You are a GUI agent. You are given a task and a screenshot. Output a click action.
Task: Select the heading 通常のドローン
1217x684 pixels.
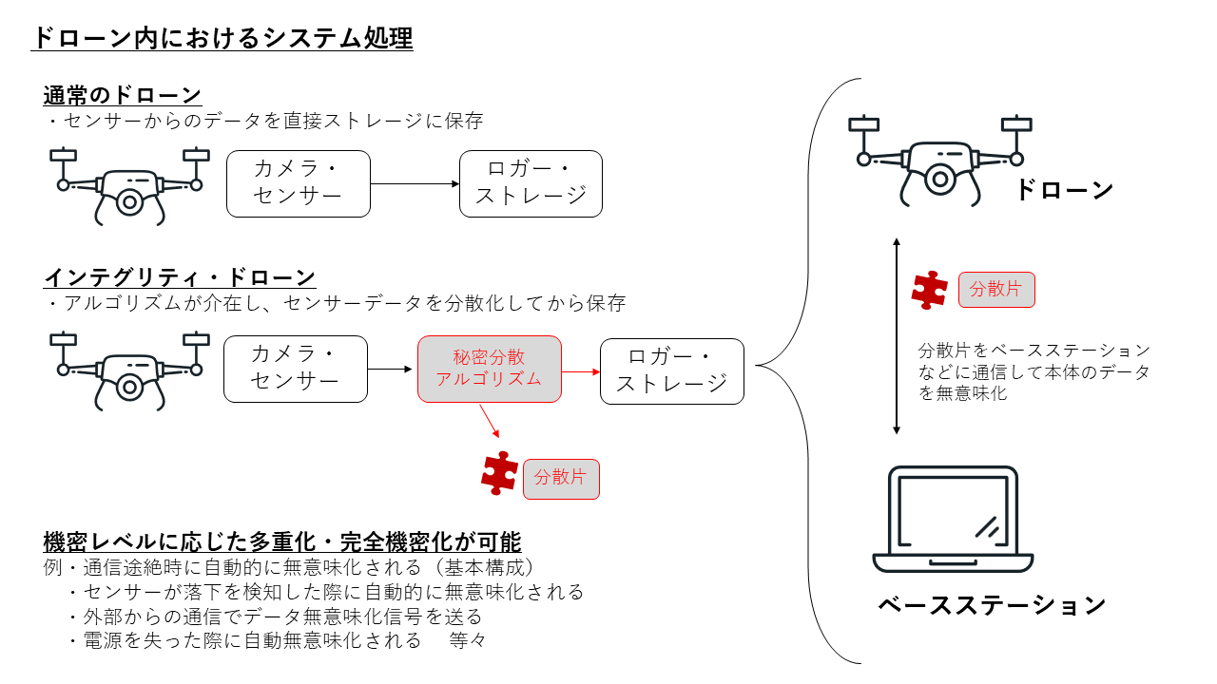(123, 95)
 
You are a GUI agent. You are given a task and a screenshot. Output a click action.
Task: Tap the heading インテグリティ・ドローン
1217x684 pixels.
(180, 277)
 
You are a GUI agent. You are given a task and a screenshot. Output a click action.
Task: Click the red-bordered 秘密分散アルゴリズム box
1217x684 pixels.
(489, 369)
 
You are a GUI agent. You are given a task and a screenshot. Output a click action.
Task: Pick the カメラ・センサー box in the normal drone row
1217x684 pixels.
(298, 183)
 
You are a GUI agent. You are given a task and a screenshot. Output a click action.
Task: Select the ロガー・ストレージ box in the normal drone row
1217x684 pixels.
(531, 183)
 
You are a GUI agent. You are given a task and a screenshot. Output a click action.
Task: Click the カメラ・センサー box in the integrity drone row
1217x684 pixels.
(295, 369)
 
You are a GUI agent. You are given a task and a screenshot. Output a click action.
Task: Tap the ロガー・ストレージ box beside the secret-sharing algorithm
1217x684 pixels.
(671, 370)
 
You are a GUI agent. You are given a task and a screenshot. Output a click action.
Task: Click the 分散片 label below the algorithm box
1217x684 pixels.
(561, 478)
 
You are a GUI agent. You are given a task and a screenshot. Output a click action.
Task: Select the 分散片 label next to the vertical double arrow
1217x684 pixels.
(996, 289)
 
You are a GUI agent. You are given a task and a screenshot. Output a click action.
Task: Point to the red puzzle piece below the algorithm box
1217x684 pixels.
(500, 472)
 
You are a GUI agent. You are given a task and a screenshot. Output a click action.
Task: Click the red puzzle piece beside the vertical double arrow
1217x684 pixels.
(929, 290)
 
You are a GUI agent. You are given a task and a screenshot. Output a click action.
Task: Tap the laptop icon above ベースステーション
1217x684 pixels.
(953, 520)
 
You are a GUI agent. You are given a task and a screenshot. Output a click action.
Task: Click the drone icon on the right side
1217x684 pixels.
(939, 161)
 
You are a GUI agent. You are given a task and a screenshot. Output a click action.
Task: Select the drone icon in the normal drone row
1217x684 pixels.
(129, 185)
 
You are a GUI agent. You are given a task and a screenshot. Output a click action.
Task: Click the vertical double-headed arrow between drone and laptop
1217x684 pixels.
(896, 337)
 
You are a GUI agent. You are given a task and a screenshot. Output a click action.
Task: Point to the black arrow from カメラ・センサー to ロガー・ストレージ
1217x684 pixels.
(415, 183)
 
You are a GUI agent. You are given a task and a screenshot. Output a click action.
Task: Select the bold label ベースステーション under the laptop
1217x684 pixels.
(992, 605)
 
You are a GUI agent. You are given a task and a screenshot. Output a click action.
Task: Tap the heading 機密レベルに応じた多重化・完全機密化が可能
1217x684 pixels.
(282, 542)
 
